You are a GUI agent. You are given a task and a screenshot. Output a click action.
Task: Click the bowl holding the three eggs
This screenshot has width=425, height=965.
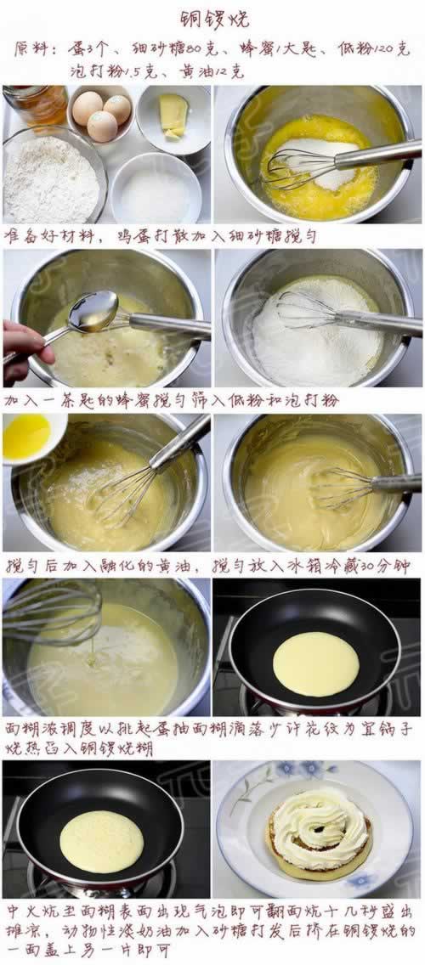pyautogui.click(x=100, y=113)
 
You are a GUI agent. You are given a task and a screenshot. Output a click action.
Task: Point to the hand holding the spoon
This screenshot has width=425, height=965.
pyautogui.click(x=24, y=349)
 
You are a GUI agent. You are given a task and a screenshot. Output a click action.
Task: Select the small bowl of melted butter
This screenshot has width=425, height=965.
pyautogui.click(x=30, y=437)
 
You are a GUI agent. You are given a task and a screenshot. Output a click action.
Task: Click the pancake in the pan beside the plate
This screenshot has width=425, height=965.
pyautogui.click(x=101, y=840)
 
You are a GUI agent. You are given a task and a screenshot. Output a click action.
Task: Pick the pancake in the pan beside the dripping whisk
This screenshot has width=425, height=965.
pyautogui.click(x=315, y=663)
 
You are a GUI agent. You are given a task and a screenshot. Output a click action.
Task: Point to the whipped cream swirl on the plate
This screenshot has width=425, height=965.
pyautogui.click(x=320, y=827)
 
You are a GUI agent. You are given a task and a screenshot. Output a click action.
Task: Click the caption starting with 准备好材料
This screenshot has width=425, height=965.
pyautogui.click(x=161, y=235)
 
